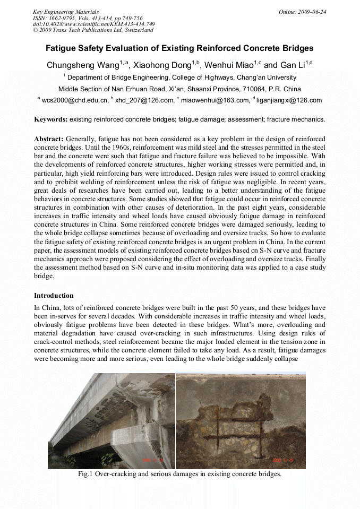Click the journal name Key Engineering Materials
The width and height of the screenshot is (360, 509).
pos(65,11)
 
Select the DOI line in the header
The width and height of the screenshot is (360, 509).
pos(93,24)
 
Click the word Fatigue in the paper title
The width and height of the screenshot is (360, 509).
pos(63,48)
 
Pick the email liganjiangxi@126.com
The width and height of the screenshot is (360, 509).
pos(289,100)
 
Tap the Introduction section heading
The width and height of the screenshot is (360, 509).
pos(54,296)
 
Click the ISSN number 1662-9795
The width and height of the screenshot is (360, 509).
pos(62,18)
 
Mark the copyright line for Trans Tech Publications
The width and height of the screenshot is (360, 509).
pos(93,30)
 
